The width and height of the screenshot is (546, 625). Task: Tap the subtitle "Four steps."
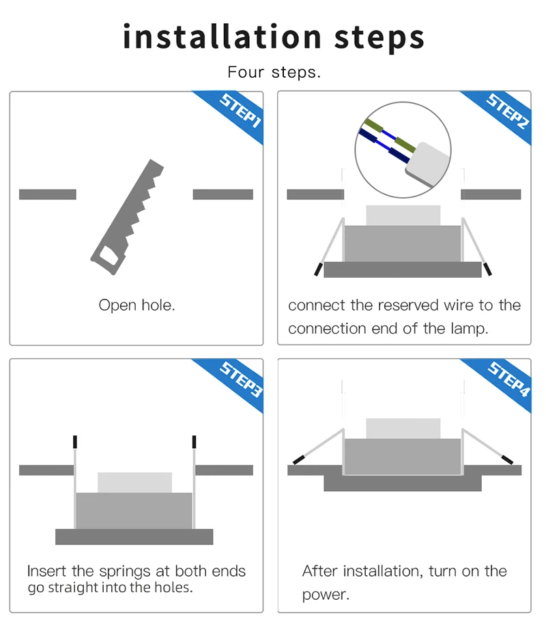(x=274, y=72)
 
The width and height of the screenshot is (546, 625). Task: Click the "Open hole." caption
(x=136, y=305)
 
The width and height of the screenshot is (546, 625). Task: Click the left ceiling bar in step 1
(x=48, y=194)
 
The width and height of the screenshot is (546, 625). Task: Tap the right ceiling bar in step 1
(x=222, y=194)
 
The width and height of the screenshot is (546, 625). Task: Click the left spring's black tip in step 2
(x=318, y=268)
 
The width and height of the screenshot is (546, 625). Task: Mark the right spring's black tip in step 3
(x=195, y=441)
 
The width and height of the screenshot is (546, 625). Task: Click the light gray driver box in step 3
(x=134, y=482)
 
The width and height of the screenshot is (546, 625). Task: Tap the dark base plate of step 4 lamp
(x=402, y=484)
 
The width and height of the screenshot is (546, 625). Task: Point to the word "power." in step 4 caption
(x=326, y=594)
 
